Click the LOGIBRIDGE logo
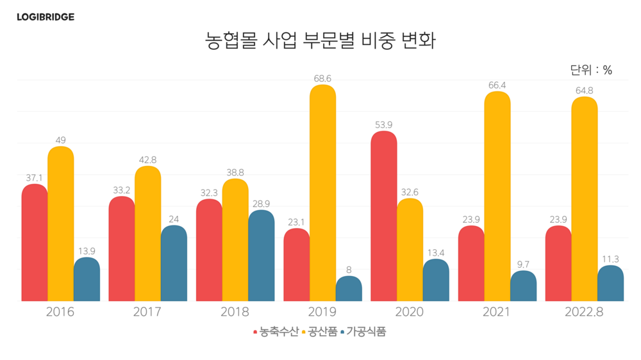point(46,17)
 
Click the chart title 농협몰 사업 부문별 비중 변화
point(320,41)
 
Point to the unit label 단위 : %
point(590,70)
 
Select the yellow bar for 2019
point(322,192)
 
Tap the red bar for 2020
point(383,216)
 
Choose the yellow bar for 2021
point(497,195)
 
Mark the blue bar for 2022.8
point(610,283)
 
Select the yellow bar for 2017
point(148,233)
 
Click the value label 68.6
point(322,78)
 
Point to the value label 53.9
point(383,125)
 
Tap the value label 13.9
point(87,251)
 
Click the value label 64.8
point(584,90)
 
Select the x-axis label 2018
point(235,313)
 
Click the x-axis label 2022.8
point(584,313)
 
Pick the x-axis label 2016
point(60,313)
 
